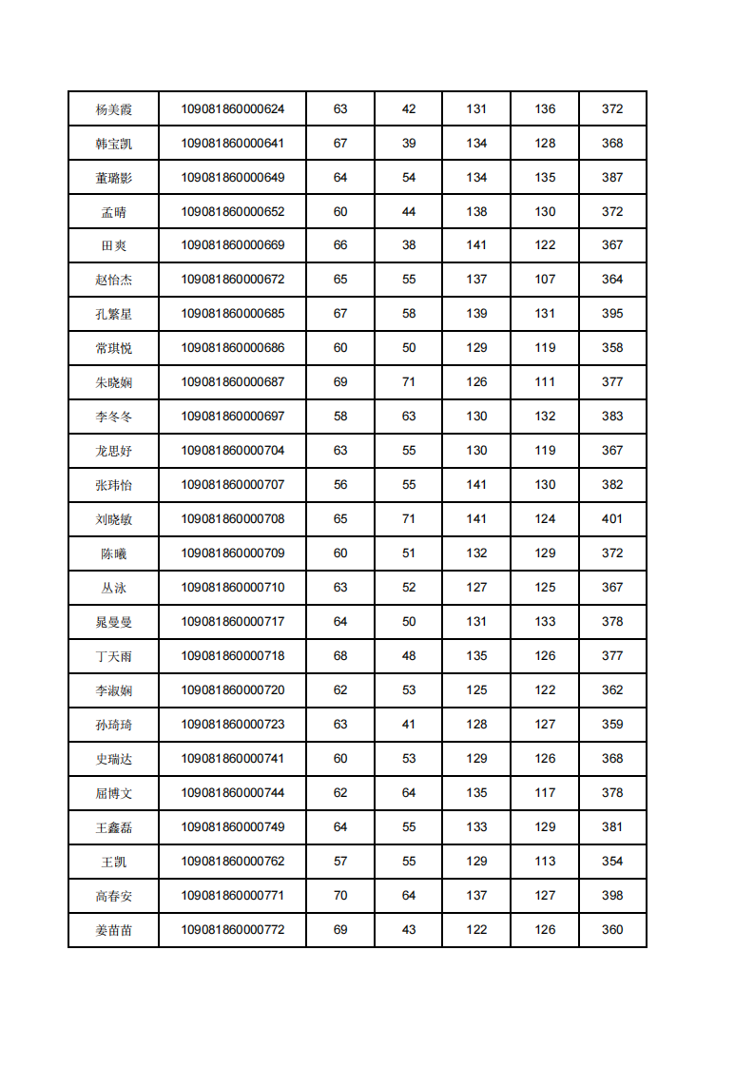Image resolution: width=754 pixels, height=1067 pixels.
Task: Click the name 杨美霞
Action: (x=114, y=109)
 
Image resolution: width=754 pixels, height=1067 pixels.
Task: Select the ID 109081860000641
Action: (x=233, y=144)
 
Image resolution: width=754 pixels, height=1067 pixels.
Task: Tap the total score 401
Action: (x=612, y=519)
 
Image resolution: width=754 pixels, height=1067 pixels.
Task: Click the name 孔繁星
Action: (x=114, y=314)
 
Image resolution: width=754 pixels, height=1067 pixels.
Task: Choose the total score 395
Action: (x=612, y=314)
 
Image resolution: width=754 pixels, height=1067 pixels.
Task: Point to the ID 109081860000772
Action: (x=233, y=930)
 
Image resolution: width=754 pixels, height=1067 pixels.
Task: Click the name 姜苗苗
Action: (x=114, y=930)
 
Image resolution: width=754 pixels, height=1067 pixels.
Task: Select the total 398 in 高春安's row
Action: (x=612, y=896)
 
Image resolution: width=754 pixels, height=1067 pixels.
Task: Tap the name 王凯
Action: (x=114, y=862)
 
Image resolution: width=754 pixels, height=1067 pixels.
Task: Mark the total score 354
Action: (x=612, y=862)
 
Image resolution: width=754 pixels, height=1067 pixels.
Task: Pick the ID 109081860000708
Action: (x=233, y=519)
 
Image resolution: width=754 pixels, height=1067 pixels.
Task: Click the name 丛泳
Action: (x=114, y=588)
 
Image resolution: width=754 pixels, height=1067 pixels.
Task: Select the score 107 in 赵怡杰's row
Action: (x=545, y=280)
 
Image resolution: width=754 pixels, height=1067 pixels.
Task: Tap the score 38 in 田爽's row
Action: (x=409, y=245)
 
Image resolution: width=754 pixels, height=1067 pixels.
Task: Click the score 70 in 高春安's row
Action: (x=340, y=896)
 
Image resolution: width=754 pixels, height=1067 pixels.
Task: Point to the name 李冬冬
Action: (x=114, y=417)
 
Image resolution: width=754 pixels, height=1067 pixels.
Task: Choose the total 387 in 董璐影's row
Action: (x=612, y=178)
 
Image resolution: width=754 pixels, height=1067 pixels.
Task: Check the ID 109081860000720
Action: (x=233, y=690)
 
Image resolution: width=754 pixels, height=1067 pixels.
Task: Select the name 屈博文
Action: (x=114, y=793)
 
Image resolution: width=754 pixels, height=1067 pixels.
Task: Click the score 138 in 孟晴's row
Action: (x=476, y=212)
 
